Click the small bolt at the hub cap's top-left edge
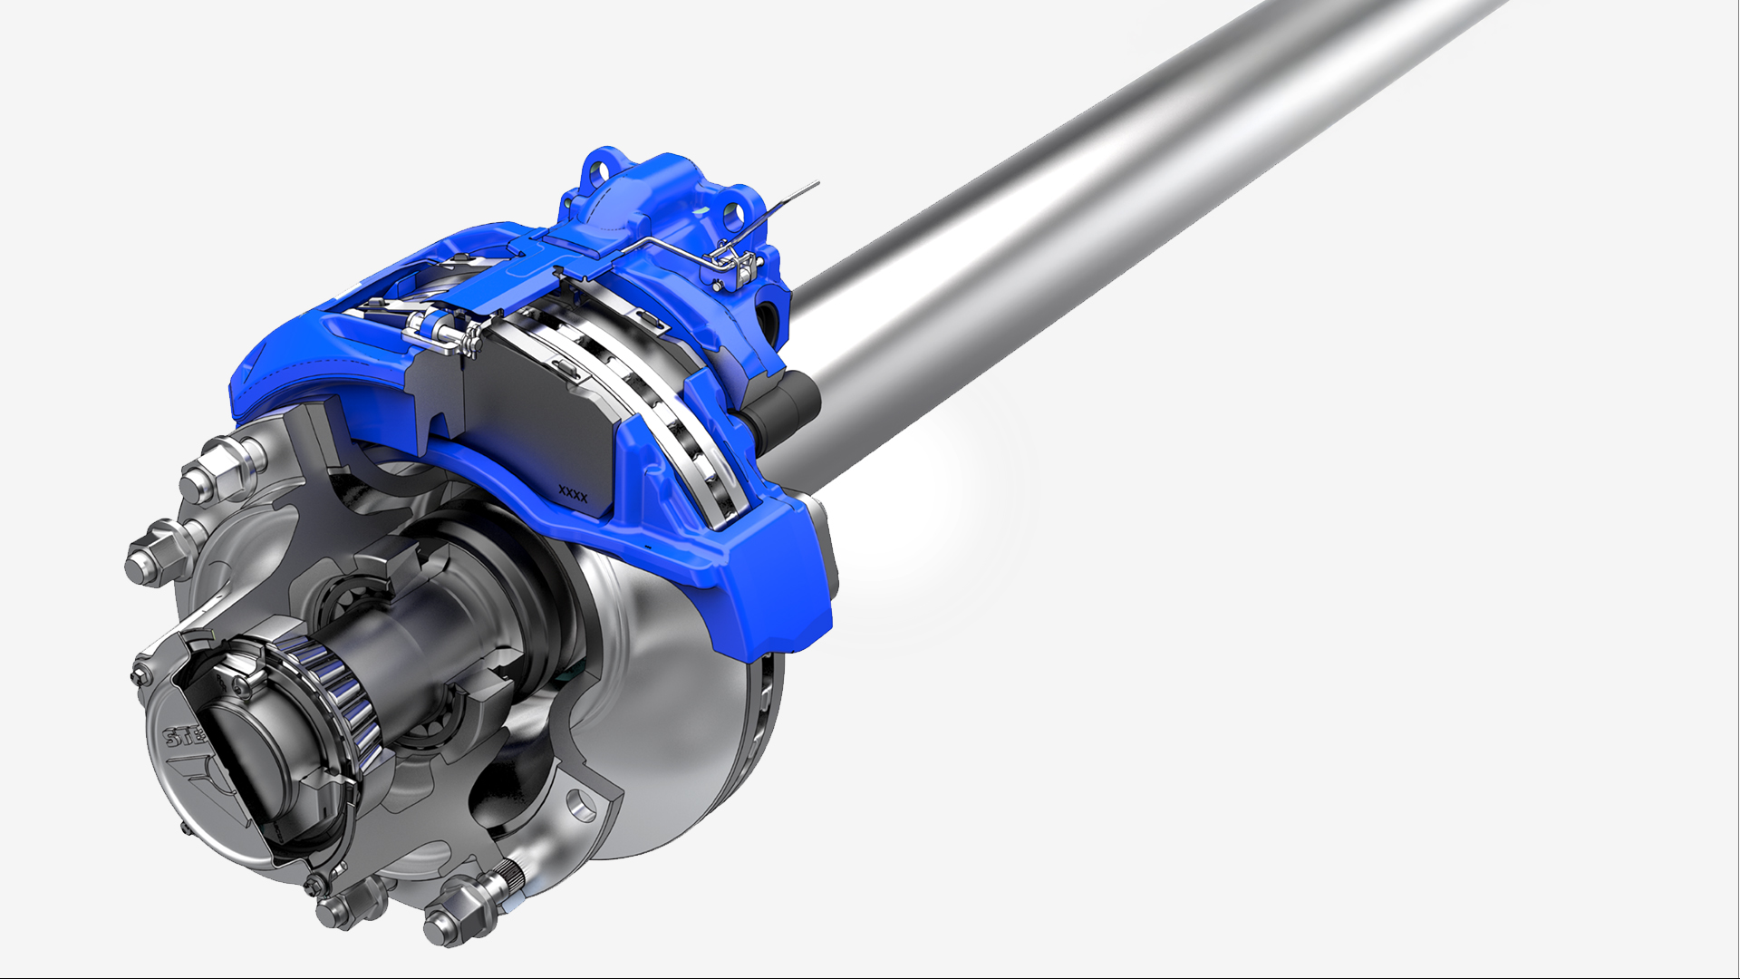point(141,673)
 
